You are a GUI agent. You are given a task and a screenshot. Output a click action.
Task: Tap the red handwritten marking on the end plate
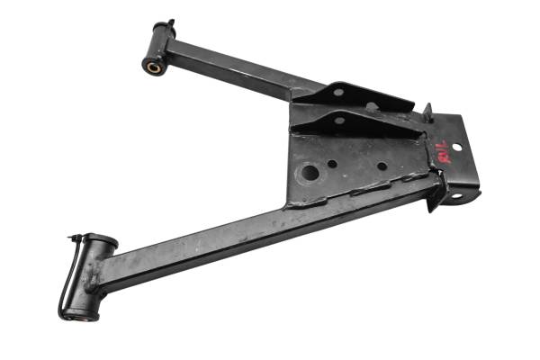point(443,148)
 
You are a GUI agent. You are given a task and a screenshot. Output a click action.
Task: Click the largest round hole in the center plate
point(309,172)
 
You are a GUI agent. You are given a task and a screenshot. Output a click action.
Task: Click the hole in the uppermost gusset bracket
point(338,92)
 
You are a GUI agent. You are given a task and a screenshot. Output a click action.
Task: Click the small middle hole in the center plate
point(333,165)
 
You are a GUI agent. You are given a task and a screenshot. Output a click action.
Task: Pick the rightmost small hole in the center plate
point(382,166)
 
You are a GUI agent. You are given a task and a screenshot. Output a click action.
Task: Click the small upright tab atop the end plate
point(427,112)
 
